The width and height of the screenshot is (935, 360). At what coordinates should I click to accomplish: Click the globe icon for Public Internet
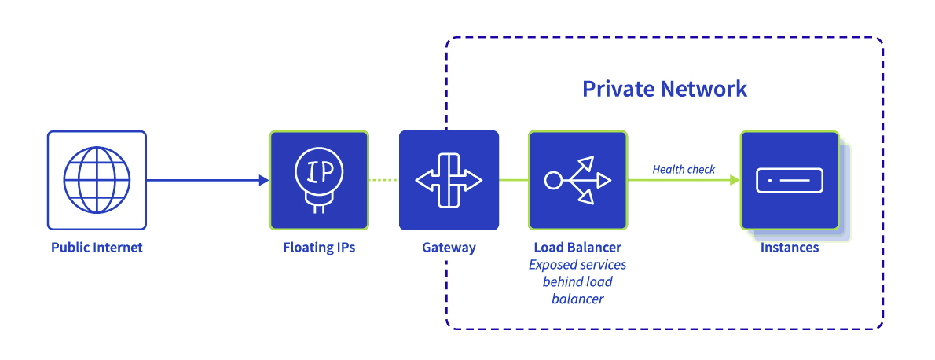(97, 180)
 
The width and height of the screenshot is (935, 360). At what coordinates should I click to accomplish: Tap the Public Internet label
(97, 248)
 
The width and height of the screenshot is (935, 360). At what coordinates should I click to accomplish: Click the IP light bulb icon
(319, 180)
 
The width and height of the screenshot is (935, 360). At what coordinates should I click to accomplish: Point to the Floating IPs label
(319, 248)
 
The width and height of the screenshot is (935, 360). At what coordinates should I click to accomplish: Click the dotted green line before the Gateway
(383, 180)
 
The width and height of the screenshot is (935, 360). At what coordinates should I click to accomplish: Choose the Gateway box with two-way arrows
(449, 180)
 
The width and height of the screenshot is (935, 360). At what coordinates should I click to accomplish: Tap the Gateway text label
(449, 248)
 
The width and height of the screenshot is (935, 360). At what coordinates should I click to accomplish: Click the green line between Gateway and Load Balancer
(513, 180)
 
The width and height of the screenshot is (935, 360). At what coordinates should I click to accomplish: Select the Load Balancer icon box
(577, 180)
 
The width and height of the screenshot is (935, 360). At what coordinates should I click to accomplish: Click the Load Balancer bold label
(577, 248)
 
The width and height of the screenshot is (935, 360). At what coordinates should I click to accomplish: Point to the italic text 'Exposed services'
(577, 265)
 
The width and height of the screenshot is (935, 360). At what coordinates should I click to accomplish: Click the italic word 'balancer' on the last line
(577, 299)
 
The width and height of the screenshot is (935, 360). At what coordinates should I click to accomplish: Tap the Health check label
(684, 169)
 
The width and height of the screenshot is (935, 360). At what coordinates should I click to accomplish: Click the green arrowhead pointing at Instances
(734, 180)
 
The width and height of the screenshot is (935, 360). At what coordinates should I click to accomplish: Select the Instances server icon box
(789, 180)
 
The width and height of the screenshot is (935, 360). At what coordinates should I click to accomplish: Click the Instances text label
(789, 248)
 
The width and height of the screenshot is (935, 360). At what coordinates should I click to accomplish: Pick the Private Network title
(664, 88)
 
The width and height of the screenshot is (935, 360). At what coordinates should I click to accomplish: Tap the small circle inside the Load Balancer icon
(553, 181)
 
